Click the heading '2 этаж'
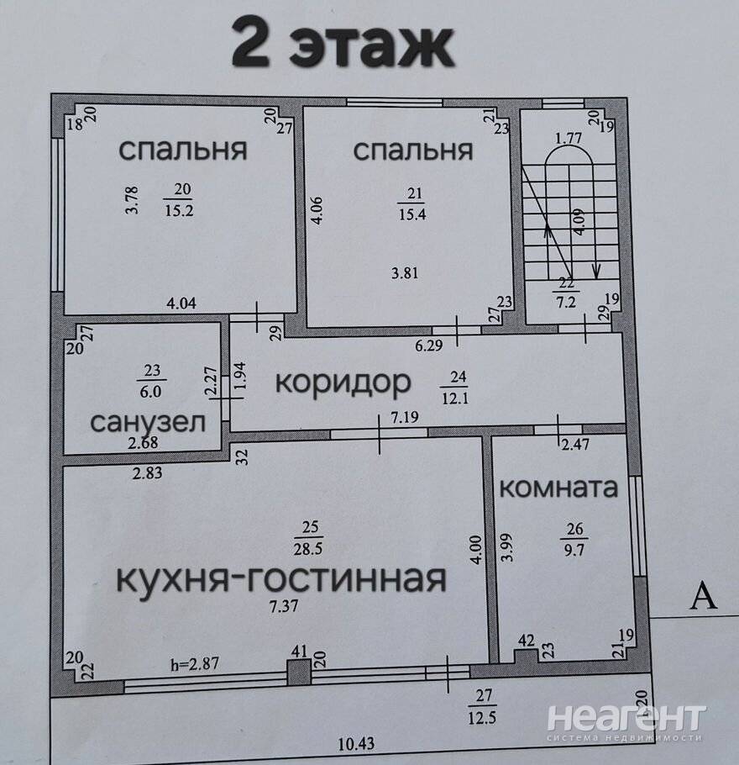pos(343,43)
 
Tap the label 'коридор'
pos(343,383)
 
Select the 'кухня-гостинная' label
pos(281,579)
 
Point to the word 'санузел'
pos(148,423)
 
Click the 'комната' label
pos(558,488)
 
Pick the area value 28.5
pos(307,549)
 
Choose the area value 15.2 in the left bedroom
pos(179,211)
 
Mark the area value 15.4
pos(412,214)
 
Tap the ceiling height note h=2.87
pos(195,664)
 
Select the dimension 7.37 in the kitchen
pos(284,606)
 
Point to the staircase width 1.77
pos(569,139)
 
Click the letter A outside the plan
pos(704,597)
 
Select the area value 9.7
pos(574,551)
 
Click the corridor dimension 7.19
pos(405,418)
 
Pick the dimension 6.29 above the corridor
pos(428,346)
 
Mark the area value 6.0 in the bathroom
pos(150,392)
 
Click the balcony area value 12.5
pos(482,719)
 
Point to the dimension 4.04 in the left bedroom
pos(181,303)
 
